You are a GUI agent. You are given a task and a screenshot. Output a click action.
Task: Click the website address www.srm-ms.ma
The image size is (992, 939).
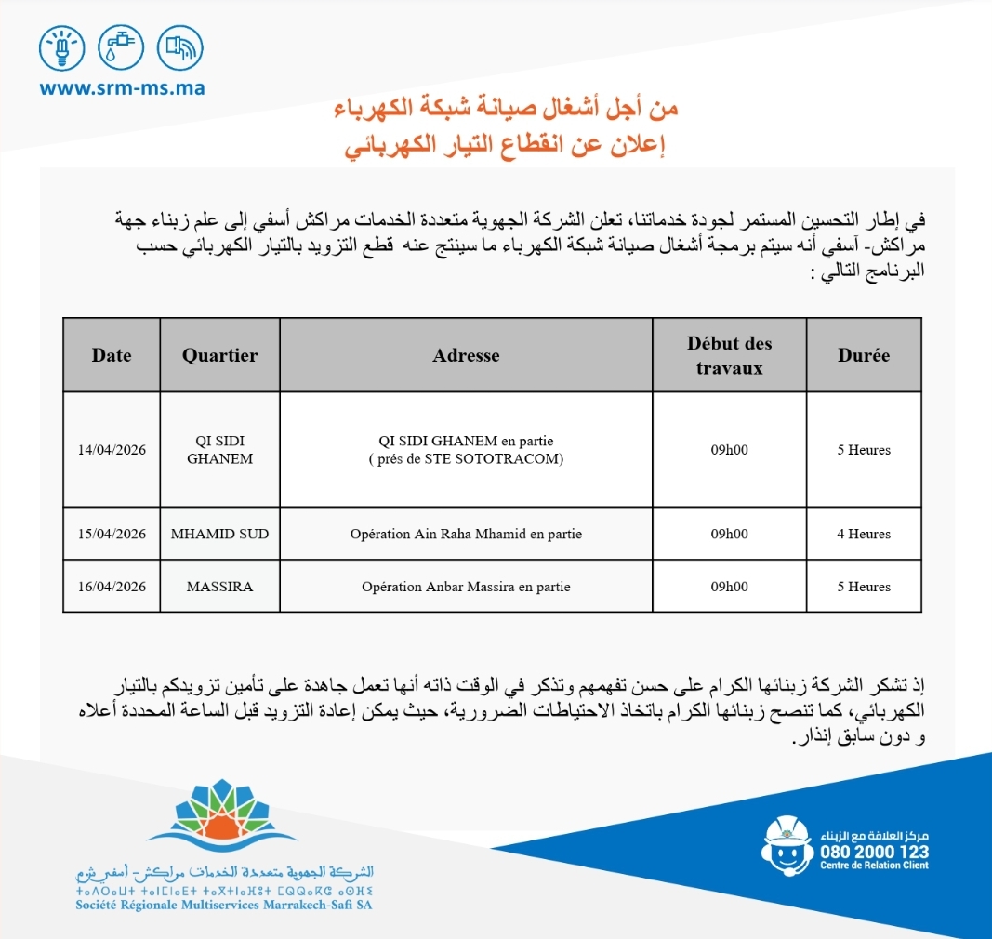coord(122,89)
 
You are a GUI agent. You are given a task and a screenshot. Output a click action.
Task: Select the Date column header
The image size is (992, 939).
coord(112,355)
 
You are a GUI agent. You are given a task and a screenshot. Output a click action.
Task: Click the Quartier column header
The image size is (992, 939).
coord(219,355)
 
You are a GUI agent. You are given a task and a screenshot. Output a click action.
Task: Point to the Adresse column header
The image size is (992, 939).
coord(466,355)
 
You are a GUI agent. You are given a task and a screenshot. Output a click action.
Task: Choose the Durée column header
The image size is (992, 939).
coord(863,355)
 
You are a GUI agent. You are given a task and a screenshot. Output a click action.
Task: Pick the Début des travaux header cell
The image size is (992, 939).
coord(730,355)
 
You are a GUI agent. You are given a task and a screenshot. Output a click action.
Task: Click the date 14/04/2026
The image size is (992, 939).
coord(112,450)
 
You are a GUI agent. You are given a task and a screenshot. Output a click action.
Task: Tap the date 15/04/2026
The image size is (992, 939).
coord(112,534)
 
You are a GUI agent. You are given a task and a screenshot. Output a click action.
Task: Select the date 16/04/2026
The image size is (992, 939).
coord(112,587)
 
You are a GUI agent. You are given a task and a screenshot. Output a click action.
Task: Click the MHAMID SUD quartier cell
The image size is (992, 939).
coord(219,534)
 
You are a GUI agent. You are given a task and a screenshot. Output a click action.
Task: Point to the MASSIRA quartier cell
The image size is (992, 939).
coord(219,587)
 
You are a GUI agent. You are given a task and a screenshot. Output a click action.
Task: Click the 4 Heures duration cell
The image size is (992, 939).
coord(863,534)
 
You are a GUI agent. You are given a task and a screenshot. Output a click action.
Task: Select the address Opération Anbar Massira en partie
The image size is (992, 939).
coord(466,587)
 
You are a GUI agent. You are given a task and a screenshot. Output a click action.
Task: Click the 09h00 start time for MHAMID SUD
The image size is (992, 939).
coord(730,534)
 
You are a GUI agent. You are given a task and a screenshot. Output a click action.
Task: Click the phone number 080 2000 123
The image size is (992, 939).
coord(874,852)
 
